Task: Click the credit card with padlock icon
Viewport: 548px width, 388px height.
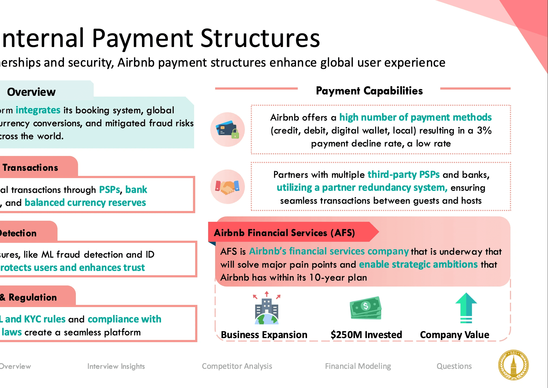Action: pyautogui.click(x=228, y=130)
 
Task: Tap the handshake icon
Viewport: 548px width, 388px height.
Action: pyautogui.click(x=228, y=187)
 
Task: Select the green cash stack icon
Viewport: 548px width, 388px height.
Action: pyautogui.click(x=366, y=308)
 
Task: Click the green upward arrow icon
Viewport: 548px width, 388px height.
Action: pyautogui.click(x=466, y=308)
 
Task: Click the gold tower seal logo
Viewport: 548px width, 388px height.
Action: pyautogui.click(x=513, y=365)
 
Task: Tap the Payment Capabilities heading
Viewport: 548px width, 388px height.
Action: pyautogui.click(x=369, y=91)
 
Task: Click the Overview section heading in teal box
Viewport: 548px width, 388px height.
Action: pyautogui.click(x=31, y=92)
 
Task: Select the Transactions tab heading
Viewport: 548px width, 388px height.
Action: pyautogui.click(x=30, y=168)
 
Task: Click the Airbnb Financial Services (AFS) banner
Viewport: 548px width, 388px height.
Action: pyautogui.click(x=284, y=233)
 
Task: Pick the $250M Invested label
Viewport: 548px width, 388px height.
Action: pyautogui.click(x=366, y=335)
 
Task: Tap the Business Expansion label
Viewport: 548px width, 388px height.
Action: pyautogui.click(x=264, y=335)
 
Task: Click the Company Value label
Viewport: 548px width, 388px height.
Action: pyautogui.click(x=455, y=335)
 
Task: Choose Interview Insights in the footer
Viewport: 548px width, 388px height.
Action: pyautogui.click(x=116, y=366)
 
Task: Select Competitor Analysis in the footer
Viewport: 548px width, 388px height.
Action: pyautogui.click(x=237, y=366)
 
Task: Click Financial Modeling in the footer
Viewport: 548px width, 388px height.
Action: pyautogui.click(x=358, y=366)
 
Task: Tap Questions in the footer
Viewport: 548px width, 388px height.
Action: pyautogui.click(x=454, y=366)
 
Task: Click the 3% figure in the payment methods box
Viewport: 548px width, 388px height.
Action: pyautogui.click(x=484, y=131)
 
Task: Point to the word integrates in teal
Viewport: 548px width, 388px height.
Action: pyautogui.click(x=38, y=110)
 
